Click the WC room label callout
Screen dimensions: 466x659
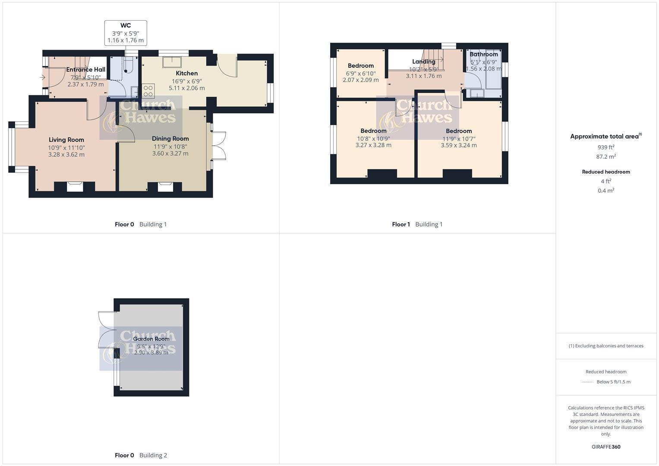click(126, 26)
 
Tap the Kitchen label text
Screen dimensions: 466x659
click(186, 73)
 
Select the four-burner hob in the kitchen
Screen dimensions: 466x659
click(148, 91)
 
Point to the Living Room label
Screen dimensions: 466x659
click(66, 140)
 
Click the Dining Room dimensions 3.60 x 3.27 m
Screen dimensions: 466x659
click(170, 153)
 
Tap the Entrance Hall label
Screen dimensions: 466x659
click(85, 69)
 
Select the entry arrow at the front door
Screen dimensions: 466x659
click(42, 78)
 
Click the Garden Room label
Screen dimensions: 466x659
click(151, 339)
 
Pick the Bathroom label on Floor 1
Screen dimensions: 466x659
click(483, 54)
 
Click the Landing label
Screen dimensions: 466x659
click(423, 62)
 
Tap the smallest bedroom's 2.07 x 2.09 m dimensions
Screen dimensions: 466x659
click(361, 80)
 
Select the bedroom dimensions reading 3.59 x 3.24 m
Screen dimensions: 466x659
click(459, 145)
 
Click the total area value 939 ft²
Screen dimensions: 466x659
click(606, 147)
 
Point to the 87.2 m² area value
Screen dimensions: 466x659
click(606, 157)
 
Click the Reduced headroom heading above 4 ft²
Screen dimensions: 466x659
click(606, 172)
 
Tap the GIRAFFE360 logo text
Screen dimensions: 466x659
click(606, 447)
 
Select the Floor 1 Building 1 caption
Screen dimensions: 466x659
click(417, 224)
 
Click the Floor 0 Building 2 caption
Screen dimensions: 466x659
click(141, 455)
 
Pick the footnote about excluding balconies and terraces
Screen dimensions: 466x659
click(606, 346)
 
